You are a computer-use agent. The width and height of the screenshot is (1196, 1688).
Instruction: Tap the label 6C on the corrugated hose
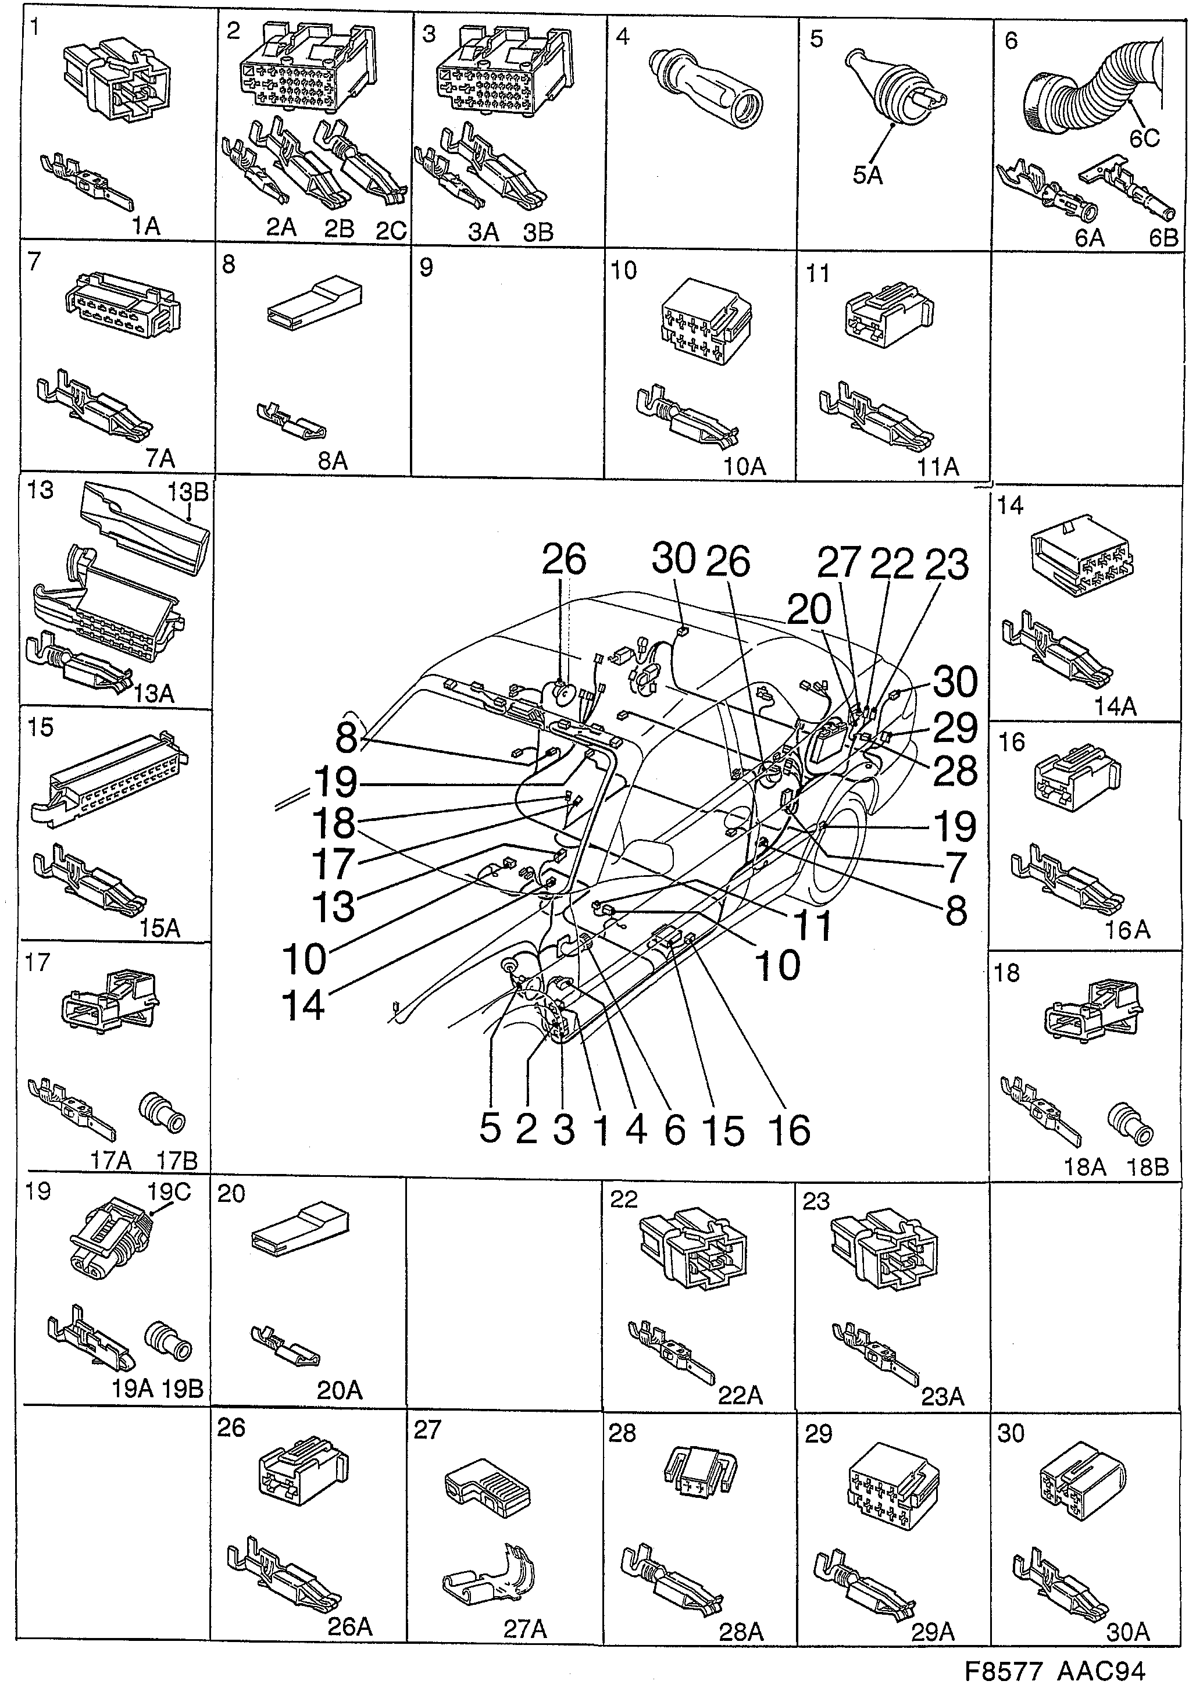(x=1144, y=138)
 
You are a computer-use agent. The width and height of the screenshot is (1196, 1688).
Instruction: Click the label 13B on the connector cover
(x=188, y=491)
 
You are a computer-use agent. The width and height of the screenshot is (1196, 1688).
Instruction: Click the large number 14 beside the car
(x=303, y=1005)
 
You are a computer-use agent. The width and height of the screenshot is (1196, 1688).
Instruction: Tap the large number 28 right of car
(x=956, y=771)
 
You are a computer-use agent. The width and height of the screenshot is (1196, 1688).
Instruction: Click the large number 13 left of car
(x=334, y=907)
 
